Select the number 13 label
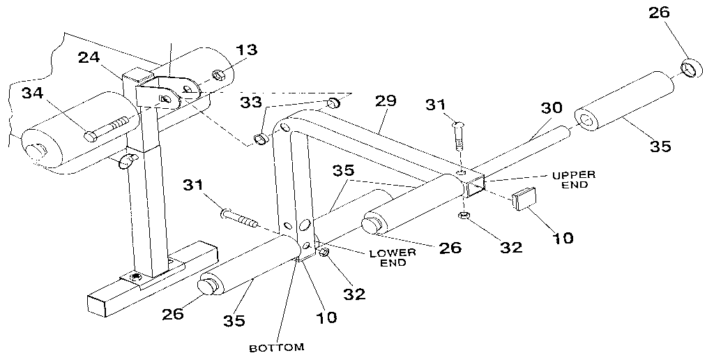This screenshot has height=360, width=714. point(245,50)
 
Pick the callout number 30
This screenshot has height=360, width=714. point(552,109)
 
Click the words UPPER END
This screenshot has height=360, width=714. point(575,179)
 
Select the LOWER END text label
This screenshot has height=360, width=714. point(393,257)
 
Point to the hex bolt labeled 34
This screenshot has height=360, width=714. point(107,128)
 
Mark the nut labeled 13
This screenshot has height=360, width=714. point(218,73)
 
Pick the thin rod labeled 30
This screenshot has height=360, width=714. point(530,150)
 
